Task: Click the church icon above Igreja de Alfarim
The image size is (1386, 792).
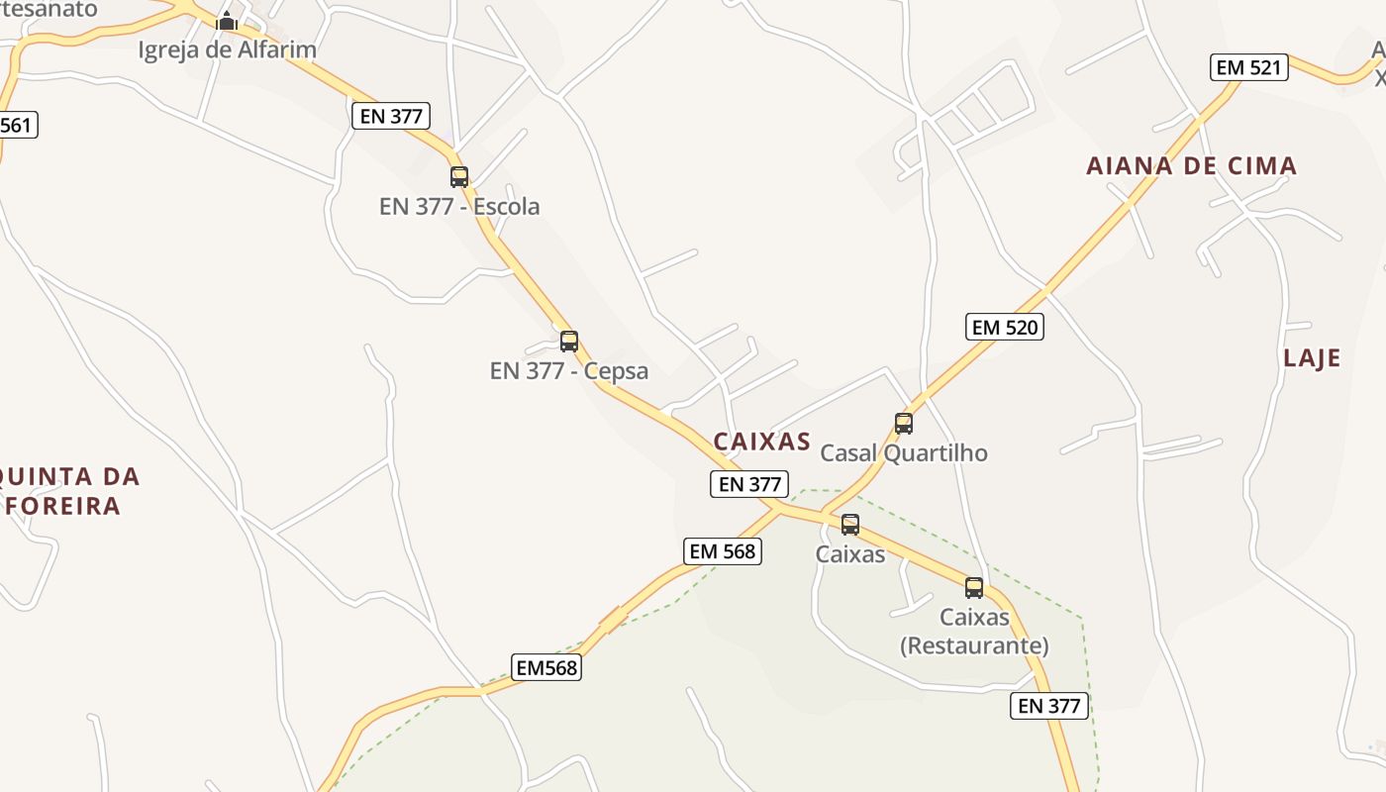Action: click(227, 21)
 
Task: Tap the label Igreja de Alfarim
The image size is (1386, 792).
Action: click(227, 49)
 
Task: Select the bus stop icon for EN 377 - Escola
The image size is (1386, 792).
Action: click(459, 177)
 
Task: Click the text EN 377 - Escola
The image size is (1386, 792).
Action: click(459, 206)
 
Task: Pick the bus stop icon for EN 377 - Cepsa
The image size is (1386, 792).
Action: click(569, 342)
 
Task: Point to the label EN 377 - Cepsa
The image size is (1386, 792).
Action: click(569, 371)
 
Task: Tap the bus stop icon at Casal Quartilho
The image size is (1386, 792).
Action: click(904, 424)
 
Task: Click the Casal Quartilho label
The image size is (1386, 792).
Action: click(904, 452)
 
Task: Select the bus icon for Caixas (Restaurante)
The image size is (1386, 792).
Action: click(974, 588)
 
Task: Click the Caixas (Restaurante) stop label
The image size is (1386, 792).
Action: click(974, 632)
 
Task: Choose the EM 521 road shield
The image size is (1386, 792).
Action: click(1249, 67)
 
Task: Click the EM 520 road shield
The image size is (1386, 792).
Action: click(1005, 327)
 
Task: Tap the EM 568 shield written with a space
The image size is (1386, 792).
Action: click(723, 551)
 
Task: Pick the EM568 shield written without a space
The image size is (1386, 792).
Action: click(546, 667)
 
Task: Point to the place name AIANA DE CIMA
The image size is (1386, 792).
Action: click(1192, 165)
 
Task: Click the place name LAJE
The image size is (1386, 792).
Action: click(1312, 357)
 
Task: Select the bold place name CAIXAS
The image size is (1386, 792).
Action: click(761, 442)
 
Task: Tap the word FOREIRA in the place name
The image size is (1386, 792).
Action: click(62, 506)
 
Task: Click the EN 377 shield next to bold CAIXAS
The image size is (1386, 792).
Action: click(750, 484)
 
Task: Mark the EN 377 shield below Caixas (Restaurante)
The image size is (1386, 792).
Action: click(1049, 706)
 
